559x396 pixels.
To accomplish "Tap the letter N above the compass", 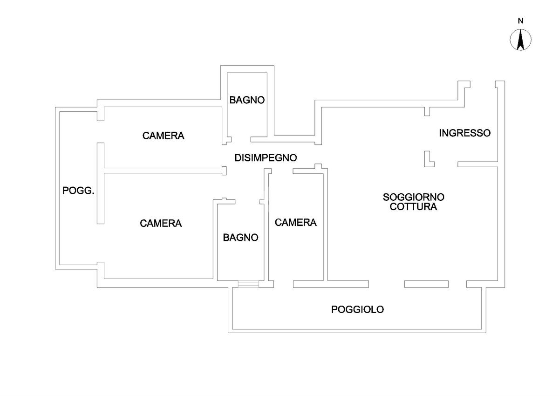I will coord(521,20).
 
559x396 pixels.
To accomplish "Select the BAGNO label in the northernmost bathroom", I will coord(247,100).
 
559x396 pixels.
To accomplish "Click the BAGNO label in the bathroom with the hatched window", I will coord(240,238).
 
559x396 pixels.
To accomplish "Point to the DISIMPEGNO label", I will coord(265,158).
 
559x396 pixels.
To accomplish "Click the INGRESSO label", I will coord(464,133).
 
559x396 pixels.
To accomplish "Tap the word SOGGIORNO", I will coord(414,197).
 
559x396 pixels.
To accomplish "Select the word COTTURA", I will coord(414,207).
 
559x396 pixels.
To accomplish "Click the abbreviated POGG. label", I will coord(79,191).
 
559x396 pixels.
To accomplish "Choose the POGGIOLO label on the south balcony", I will coord(357,309).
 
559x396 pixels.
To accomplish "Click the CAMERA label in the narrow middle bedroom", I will coord(295,223).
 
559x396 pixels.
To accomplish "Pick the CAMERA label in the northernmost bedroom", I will coord(163,136).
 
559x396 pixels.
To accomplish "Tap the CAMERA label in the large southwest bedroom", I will coord(161,224).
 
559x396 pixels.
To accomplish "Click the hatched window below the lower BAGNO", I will coord(248,284).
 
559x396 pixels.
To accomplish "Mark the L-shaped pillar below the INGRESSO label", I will coord(428,160).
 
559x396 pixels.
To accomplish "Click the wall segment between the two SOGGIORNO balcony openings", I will coord(426,284).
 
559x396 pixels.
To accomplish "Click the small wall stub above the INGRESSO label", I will coord(427,111).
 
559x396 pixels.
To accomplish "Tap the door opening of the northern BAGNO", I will coord(241,139).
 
